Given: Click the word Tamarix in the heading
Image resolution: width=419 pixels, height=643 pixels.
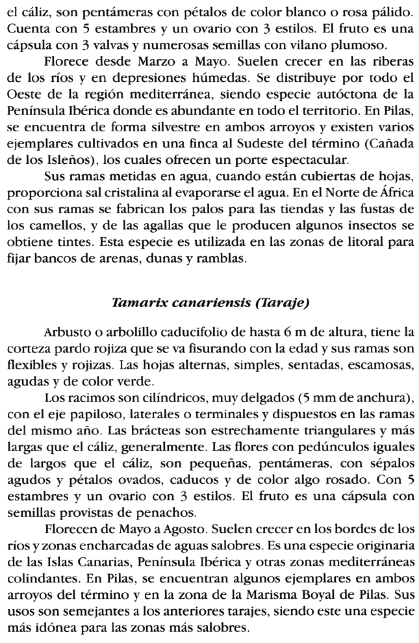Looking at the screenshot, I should click(138, 303).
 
